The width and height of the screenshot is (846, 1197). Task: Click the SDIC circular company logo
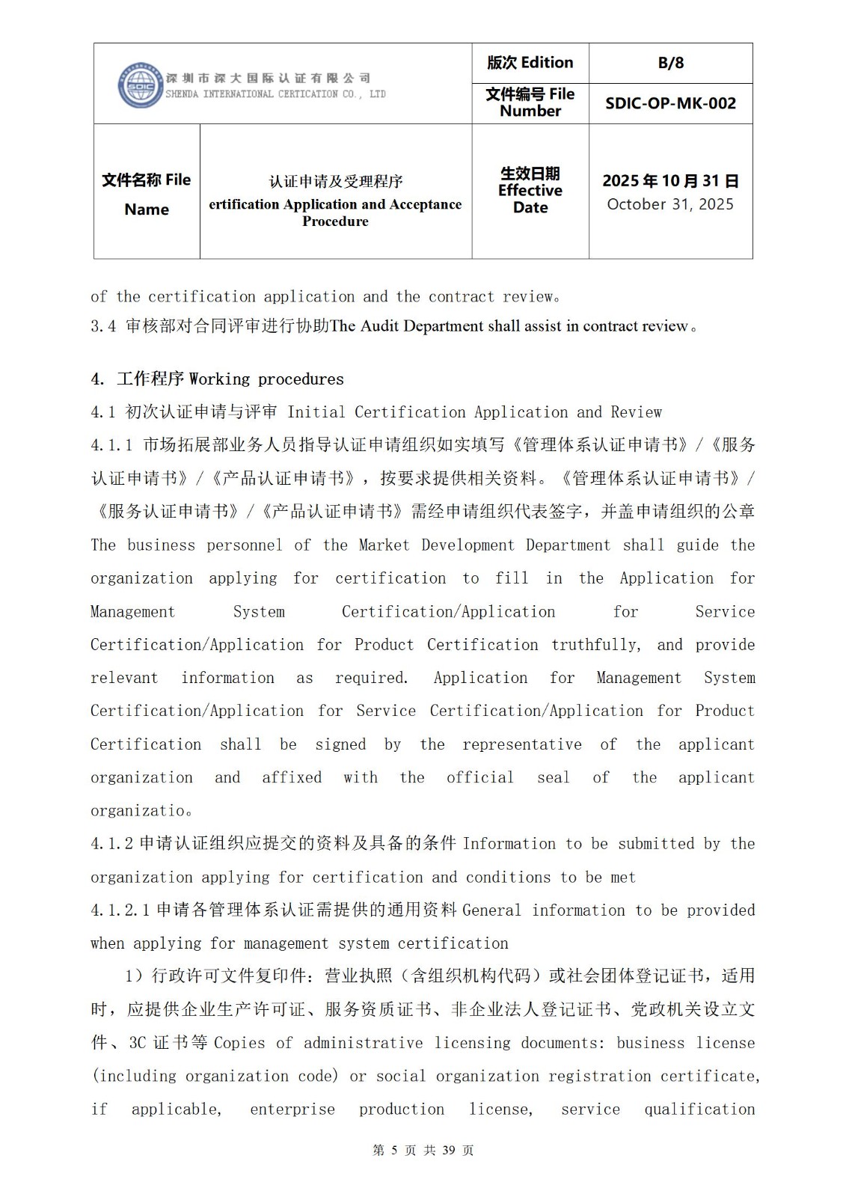point(140,85)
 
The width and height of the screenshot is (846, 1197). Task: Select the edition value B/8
point(670,63)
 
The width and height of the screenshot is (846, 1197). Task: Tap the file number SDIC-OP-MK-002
point(670,103)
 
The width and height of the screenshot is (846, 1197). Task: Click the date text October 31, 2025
point(670,204)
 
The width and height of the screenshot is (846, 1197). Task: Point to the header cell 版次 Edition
point(530,63)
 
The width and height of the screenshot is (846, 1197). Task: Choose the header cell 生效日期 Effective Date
point(530,190)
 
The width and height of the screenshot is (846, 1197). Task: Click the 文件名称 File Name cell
point(147,194)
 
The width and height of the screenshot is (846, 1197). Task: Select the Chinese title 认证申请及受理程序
point(336,181)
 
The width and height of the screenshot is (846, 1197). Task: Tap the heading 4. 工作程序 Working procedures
point(217,379)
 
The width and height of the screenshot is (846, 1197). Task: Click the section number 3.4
point(103,326)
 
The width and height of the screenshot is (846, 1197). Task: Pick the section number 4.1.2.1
point(120,910)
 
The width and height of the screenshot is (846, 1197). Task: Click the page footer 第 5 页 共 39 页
point(423,1150)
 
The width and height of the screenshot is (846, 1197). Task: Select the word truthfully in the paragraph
point(595,645)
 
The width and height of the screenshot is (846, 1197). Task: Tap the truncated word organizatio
point(138,811)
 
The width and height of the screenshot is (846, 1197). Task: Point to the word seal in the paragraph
point(553,777)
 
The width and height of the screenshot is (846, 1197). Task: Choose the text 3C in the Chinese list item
point(138,1043)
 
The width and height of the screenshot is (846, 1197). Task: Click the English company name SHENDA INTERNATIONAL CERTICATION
point(254,94)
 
